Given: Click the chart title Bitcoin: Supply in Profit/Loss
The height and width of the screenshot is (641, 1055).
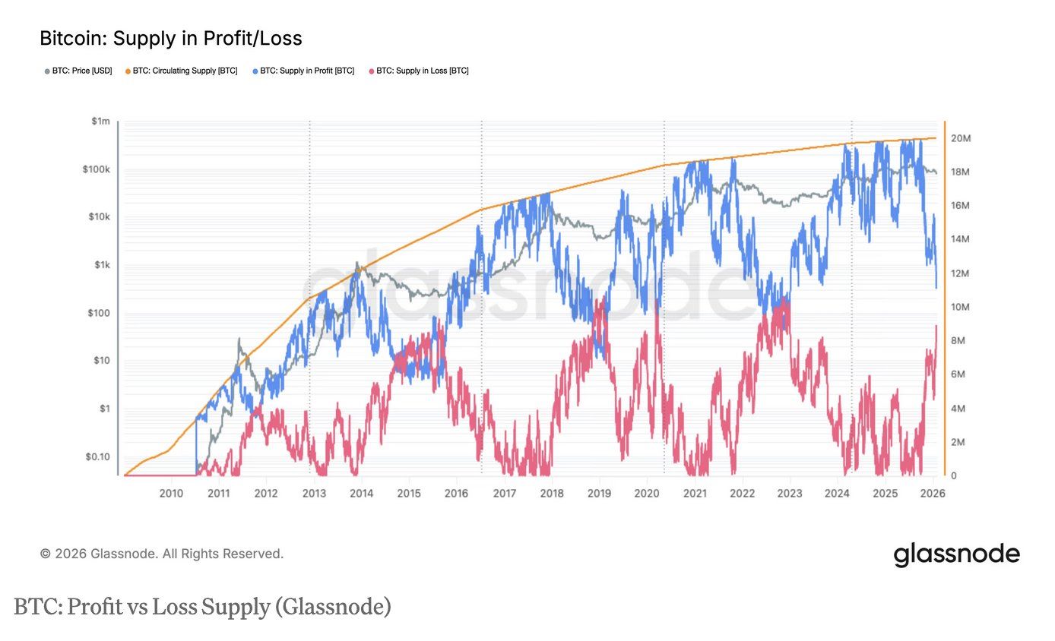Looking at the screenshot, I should click(170, 38).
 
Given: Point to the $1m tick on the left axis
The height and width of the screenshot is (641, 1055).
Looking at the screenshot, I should click(100, 122).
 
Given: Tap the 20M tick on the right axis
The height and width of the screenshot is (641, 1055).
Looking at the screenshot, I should click(962, 138).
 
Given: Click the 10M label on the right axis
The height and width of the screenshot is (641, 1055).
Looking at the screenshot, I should click(962, 307).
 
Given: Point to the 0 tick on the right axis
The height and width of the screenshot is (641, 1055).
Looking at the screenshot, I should click(955, 475).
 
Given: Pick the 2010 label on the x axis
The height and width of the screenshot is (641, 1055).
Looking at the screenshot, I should click(171, 494).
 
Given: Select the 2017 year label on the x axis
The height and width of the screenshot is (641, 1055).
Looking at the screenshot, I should click(505, 494).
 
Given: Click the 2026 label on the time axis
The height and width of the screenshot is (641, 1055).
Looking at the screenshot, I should click(933, 494).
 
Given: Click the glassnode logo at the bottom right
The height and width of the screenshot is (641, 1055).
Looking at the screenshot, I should click(956, 554).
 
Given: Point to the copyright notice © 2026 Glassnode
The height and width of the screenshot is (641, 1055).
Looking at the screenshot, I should click(162, 554).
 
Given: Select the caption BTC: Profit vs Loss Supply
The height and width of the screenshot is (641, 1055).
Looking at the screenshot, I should click(202, 607).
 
